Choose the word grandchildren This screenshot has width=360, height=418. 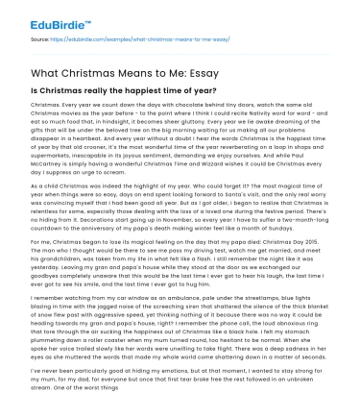(54, 264)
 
